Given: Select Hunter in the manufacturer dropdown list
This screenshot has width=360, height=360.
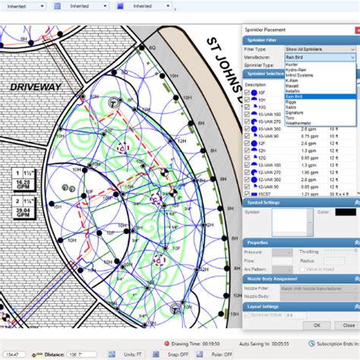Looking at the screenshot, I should [292, 65].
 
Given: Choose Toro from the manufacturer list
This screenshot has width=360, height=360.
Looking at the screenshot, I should [291, 117].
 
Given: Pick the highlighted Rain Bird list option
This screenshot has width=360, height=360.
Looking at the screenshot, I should [295, 96].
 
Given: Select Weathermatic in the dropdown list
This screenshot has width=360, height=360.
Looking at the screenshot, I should [297, 122].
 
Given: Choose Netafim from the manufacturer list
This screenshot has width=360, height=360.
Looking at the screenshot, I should [293, 91].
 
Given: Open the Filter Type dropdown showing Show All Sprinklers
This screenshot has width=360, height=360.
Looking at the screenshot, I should [318, 49].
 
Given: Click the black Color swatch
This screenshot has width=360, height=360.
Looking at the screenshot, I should [345, 211].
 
